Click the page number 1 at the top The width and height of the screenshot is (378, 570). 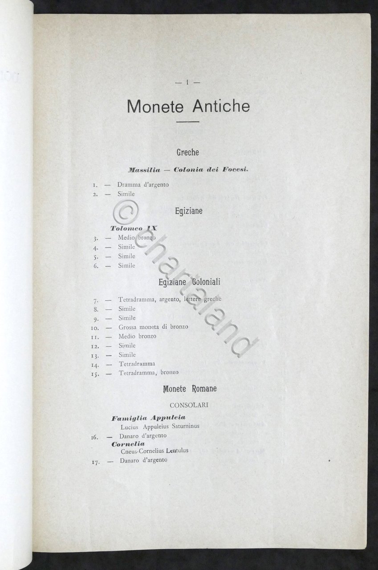[x=188, y=82]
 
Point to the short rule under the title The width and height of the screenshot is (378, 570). [x=188, y=122]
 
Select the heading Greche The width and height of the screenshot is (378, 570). [x=188, y=152]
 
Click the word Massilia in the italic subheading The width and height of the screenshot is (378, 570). [x=143, y=170]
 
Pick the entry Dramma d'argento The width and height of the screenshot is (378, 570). [x=143, y=184]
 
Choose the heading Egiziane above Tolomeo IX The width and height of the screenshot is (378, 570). [x=188, y=211]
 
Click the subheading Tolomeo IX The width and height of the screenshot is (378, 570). [x=134, y=228]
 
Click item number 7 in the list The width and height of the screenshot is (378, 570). [x=95, y=300]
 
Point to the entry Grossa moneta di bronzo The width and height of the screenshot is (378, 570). [x=153, y=327]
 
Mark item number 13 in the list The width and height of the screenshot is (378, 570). [x=94, y=355]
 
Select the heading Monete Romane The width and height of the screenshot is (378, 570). [x=190, y=389]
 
